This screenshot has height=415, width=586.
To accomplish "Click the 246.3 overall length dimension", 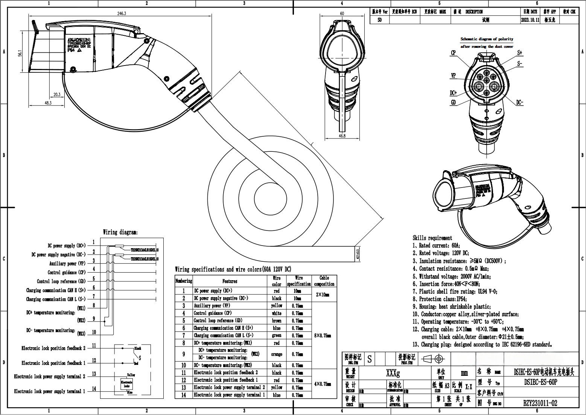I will tap(122, 13).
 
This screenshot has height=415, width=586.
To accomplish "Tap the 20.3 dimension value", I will tap(57, 95).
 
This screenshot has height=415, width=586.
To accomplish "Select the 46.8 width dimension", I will tap(342, 136).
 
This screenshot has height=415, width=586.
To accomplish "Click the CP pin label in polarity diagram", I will tap(453, 53).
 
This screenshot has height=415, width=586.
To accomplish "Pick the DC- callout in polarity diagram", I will tap(519, 102).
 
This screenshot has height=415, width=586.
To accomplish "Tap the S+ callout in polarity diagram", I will tap(520, 53).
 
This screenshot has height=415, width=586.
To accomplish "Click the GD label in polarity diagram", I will tap(454, 102).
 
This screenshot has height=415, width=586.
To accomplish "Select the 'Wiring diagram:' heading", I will tap(120, 232).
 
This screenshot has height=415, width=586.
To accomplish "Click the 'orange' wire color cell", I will tap(276, 354).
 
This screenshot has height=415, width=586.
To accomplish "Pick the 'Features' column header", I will tap(230, 281).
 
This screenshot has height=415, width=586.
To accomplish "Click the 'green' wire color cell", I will tap(276, 336).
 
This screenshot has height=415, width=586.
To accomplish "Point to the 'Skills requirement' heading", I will tap(432, 238).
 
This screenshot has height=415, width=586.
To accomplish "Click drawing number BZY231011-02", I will tap(540, 403).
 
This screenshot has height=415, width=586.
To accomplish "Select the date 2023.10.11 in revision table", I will tap(530, 20).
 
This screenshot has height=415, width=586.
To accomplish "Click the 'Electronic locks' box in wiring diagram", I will tap(126, 384).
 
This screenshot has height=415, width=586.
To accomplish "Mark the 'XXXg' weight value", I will tap(393, 373).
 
